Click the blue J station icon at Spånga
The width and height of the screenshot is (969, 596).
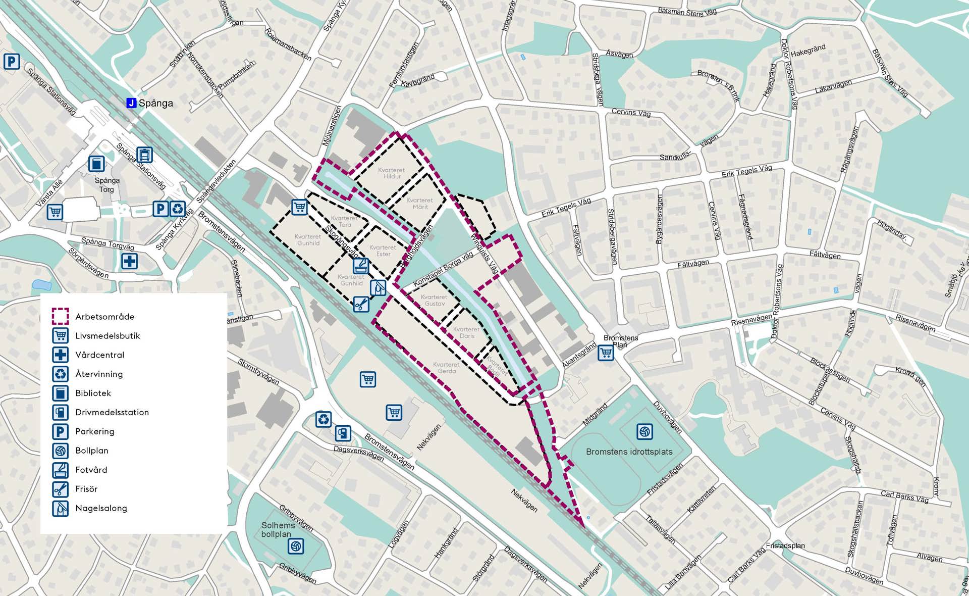point(131,103)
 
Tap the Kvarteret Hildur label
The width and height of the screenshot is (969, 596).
point(392,173)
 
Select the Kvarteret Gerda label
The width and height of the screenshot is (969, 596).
point(446,368)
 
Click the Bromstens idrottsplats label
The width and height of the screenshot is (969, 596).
point(629,452)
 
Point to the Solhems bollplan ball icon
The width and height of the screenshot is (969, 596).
point(296,546)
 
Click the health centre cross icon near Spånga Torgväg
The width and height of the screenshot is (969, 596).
point(130,261)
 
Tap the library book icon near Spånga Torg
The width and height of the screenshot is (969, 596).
point(96,164)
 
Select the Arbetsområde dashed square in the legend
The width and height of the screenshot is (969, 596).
point(61,316)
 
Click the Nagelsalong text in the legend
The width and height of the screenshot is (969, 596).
point(101,508)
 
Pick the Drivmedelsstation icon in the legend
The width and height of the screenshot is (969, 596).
point(61,412)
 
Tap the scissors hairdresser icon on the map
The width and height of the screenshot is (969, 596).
point(361,304)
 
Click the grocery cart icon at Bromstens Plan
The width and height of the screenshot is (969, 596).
point(606,353)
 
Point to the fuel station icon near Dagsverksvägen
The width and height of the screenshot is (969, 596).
point(343,433)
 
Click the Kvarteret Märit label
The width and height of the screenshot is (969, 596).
point(420,204)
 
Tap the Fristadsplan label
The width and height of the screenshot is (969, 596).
point(785,545)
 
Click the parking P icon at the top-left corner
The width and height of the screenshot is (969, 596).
point(12,62)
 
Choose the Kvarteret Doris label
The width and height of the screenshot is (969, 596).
point(466,332)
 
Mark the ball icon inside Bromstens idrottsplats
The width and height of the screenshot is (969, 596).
point(644,431)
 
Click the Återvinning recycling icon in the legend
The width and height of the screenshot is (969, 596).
point(61,374)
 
